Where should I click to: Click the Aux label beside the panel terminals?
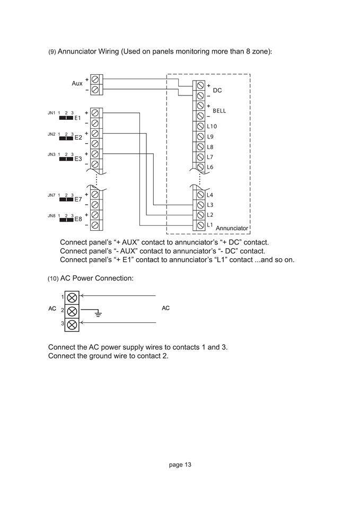point(77,84)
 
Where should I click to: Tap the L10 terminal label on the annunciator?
point(212,126)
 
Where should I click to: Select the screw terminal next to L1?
point(200,225)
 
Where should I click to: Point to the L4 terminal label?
point(210,195)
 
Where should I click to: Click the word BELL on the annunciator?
point(219,111)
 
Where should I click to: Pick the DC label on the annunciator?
point(217,91)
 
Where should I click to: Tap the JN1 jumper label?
point(51,113)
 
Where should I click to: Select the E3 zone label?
point(78,159)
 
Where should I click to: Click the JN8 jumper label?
point(51,216)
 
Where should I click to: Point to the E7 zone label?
point(78,199)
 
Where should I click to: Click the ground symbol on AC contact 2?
point(98,313)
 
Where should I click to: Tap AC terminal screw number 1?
point(72,297)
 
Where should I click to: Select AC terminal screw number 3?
point(72,323)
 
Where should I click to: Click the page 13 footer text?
point(180,465)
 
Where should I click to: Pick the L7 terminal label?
point(210,157)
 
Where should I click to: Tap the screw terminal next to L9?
point(200,137)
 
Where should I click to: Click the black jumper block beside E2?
point(66,138)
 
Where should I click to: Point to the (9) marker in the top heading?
point(52,52)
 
